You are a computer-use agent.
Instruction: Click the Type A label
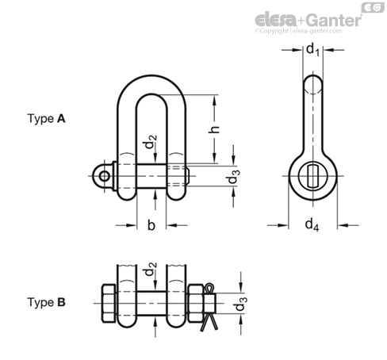pyautogui.click(x=46, y=119)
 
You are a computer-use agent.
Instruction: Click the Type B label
pyautogui.click(x=46, y=302)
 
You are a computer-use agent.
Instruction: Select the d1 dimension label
pyautogui.click(x=312, y=50)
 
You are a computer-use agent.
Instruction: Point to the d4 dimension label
pyautogui.click(x=312, y=225)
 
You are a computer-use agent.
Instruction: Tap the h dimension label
pyautogui.click(x=214, y=129)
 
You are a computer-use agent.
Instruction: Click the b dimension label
pyautogui.click(x=151, y=225)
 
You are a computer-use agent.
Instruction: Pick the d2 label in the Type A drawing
pyautogui.click(x=150, y=142)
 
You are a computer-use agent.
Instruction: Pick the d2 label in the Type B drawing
pyautogui.click(x=150, y=269)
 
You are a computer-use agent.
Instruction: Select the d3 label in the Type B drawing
pyautogui.click(x=241, y=304)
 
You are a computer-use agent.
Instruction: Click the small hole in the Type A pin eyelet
pyautogui.click(x=105, y=176)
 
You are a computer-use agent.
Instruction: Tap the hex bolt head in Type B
pyautogui.click(x=109, y=304)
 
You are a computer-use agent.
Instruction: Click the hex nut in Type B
pyautogui.click(x=196, y=304)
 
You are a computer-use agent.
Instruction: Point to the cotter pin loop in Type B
pyautogui.click(x=209, y=288)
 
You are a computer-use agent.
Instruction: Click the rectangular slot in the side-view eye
pyautogui.click(x=313, y=176)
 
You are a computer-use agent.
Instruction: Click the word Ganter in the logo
pyautogui.click(x=335, y=20)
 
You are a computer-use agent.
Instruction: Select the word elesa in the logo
pyautogui.click(x=275, y=20)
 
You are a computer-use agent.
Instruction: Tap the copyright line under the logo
pyautogui.click(x=298, y=31)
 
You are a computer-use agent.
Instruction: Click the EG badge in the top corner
pyautogui.click(x=373, y=8)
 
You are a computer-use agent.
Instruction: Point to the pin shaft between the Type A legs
pyautogui.click(x=151, y=176)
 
